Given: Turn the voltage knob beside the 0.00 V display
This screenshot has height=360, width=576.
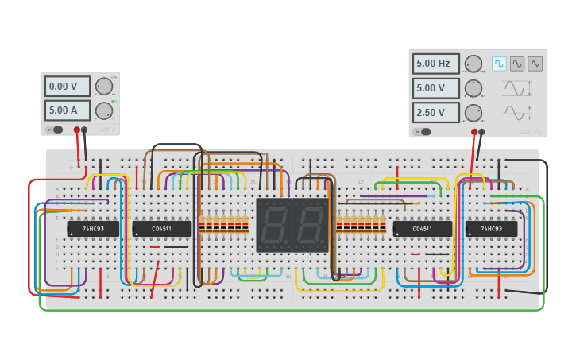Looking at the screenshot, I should tap(104, 86).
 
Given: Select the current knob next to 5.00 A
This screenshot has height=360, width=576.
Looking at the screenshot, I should tap(104, 110).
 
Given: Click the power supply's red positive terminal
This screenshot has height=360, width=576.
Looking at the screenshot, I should tap(77, 130).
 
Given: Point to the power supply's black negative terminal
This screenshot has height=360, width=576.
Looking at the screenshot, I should tap(84, 130).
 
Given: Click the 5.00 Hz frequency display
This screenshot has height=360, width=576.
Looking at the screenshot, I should tap(435, 64).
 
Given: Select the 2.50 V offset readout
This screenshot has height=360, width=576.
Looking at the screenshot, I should tap(435, 112).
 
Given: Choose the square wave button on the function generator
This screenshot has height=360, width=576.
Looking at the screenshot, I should tap(499, 64).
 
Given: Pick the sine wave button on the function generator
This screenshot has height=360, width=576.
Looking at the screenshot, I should tap(517, 64).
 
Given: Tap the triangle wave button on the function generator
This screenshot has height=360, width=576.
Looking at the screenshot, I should tap(535, 64).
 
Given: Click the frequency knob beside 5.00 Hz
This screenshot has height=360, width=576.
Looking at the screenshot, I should tap(474, 64).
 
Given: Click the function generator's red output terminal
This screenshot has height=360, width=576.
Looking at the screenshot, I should tap(474, 132).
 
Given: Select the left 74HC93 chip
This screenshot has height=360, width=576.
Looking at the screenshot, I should tap(93, 229).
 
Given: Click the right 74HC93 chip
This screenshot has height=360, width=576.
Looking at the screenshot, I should tap(491, 229).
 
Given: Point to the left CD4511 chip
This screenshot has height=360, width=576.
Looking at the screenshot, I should tap(161, 229).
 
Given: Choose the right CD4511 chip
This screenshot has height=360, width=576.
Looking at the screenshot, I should tap(422, 229).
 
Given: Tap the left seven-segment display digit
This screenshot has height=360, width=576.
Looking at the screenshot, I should tap(275, 225).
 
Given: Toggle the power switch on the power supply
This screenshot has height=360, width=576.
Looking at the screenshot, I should tap(56, 130).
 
